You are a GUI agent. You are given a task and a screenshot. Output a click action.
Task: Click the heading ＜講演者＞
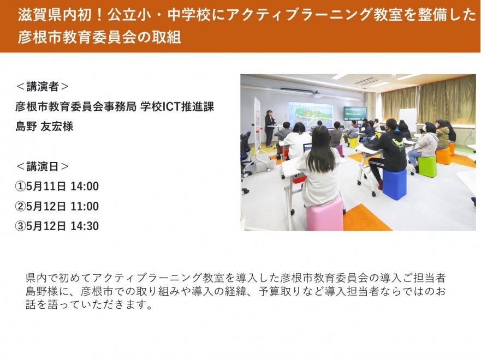tap(43, 87)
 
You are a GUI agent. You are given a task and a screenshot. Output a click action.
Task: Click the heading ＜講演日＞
tap(43, 166)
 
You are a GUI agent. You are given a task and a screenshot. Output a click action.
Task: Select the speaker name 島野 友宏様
tap(44, 126)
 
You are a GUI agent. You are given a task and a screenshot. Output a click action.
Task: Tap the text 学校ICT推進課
tap(177, 106)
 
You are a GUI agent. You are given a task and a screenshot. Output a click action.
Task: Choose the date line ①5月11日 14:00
tap(57, 187)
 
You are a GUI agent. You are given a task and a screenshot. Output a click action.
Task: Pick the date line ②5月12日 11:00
tap(57, 206)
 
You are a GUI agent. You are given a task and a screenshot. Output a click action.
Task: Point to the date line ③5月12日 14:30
tap(57, 226)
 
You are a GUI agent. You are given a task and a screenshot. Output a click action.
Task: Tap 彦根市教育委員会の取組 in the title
tap(99, 37)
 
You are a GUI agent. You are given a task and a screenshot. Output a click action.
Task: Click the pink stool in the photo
tap(324, 214)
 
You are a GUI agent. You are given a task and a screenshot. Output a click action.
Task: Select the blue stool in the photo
tap(395, 184)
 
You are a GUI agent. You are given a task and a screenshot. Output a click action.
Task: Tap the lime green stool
tap(427, 166)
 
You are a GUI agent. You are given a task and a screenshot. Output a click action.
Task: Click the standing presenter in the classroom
tap(270, 129)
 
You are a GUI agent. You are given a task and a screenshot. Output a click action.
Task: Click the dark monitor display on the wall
tap(355, 113)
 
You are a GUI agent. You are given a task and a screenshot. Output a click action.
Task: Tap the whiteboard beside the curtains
tap(408, 120)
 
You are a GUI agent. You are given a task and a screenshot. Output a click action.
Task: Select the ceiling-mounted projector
tap(317, 94)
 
